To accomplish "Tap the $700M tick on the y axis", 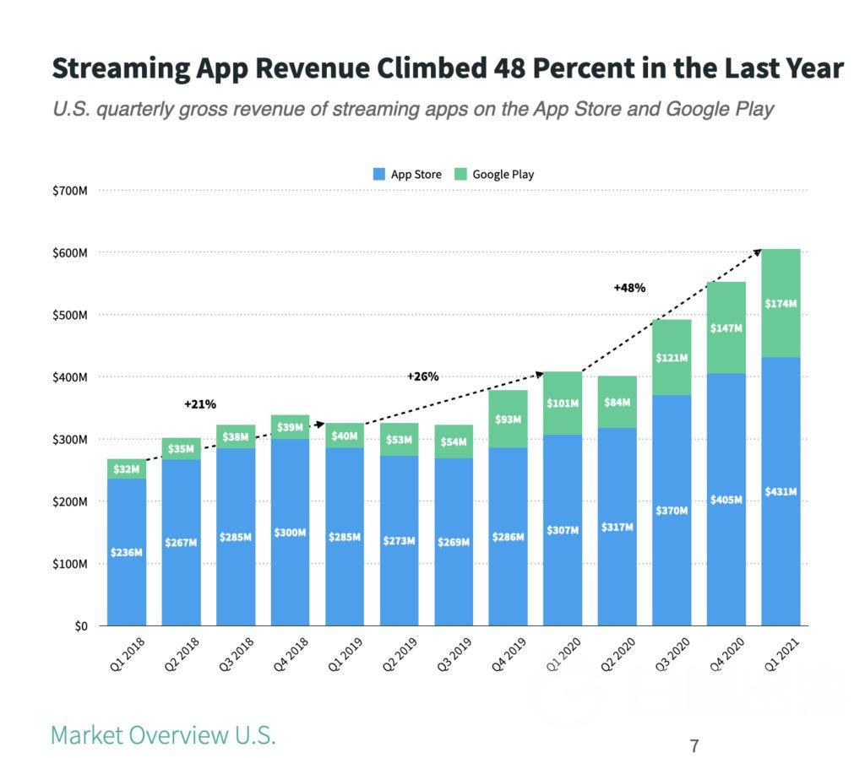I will pos(70,191).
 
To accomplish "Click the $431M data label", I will pos(781,491).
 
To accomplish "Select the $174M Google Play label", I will pos(781,303).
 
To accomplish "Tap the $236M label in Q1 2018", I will pos(127,552).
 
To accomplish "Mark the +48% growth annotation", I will pos(629,288).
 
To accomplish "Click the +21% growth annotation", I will pos(199,405).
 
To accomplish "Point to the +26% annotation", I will pos(422,376).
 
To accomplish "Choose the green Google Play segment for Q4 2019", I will pos(509,419).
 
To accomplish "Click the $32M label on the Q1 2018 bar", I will pos(127,469).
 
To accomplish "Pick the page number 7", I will pos(694,746).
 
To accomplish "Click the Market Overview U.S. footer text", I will pos(163,734).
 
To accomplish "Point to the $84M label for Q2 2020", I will pos(617,403).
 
